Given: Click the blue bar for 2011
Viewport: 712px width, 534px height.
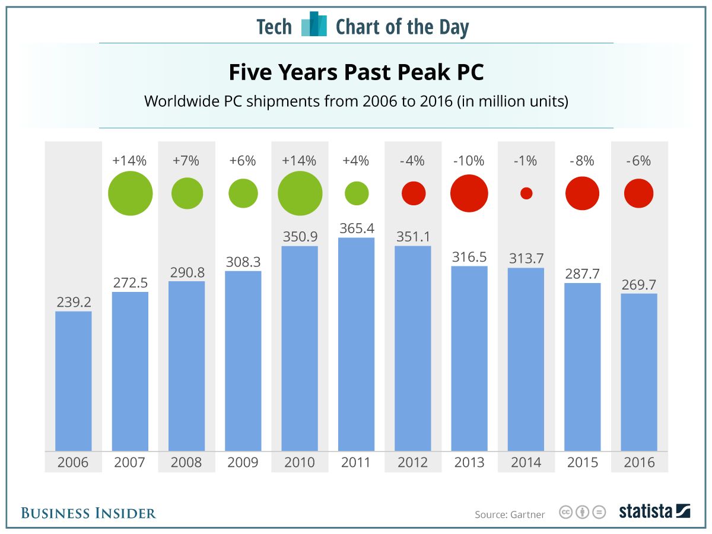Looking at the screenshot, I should [356, 344].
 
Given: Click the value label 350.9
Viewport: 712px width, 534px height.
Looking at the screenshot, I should [300, 236].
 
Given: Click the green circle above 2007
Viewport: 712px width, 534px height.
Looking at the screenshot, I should [130, 193].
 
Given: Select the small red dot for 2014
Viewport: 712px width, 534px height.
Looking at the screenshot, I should [526, 193].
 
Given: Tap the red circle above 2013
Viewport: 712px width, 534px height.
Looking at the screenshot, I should [469, 193].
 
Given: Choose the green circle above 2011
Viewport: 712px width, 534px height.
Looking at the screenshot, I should [357, 193].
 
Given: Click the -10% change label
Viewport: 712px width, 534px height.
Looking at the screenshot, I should [469, 161].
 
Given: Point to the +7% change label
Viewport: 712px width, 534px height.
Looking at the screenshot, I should [187, 161].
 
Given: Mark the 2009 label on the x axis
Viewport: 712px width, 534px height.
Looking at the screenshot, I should [243, 462].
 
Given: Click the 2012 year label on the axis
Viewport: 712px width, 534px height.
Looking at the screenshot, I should [413, 462].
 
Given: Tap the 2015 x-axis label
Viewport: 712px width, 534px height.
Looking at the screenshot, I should [583, 462].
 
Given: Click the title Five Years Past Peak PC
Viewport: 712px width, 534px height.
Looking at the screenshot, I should [356, 73].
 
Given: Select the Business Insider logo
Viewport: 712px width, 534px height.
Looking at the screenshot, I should [88, 513].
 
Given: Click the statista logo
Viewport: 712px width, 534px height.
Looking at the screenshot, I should [654, 511].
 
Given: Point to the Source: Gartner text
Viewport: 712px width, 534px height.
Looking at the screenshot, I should [509, 514].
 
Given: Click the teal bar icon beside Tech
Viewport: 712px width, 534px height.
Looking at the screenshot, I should [314, 25].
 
